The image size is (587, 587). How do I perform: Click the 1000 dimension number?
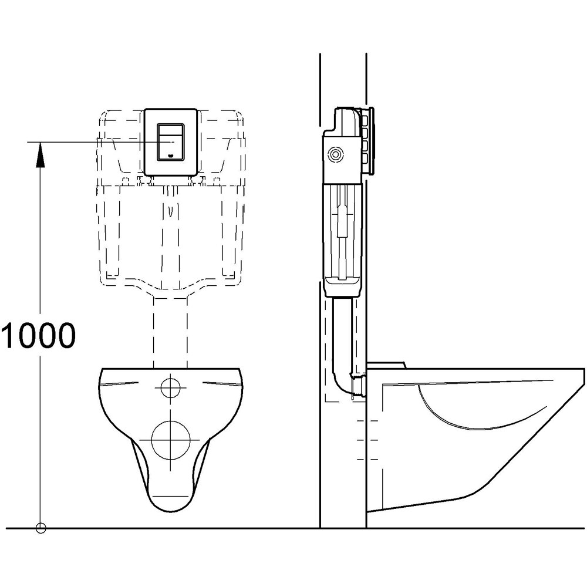(x=38, y=336)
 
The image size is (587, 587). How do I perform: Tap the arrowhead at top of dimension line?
(x=39, y=154)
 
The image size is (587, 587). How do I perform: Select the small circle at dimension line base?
(x=40, y=527)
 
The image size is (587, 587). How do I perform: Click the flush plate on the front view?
(x=170, y=143)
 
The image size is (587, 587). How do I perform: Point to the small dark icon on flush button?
(x=171, y=156)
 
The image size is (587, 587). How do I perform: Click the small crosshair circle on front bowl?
(x=170, y=387)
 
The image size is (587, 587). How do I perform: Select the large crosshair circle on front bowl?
(x=170, y=440)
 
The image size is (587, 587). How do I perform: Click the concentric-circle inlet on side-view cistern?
(x=336, y=154)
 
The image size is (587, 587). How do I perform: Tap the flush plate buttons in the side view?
(x=368, y=141)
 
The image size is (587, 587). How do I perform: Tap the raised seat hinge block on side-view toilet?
(x=386, y=365)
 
